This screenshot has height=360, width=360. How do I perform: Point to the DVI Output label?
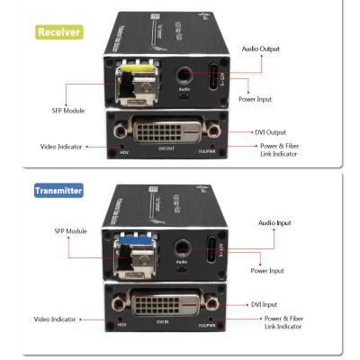pyautogui.click(x=275, y=132)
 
